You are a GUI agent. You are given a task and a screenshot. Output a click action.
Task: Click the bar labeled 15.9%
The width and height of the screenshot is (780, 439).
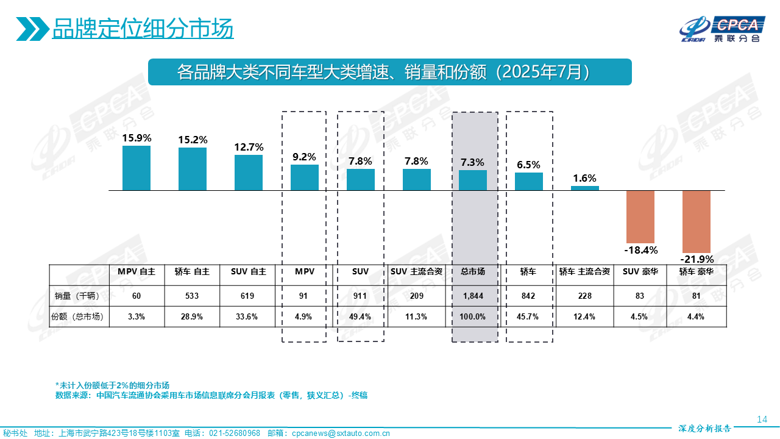pyautogui.click(x=136, y=168)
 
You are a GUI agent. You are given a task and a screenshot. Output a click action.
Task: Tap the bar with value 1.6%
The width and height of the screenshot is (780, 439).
pyautogui.click(x=585, y=188)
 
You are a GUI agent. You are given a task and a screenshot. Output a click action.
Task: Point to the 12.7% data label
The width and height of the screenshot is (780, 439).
pyautogui.click(x=249, y=147)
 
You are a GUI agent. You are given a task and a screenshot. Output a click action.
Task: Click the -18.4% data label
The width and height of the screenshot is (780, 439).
pyautogui.click(x=640, y=250)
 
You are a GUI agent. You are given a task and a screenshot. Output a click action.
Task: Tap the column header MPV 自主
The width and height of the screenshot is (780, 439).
pyautogui.click(x=136, y=272)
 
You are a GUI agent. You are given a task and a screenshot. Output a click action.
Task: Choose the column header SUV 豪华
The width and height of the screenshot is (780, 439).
pyautogui.click(x=640, y=272)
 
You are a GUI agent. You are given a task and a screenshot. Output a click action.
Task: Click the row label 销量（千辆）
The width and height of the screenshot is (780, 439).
pyautogui.click(x=79, y=296)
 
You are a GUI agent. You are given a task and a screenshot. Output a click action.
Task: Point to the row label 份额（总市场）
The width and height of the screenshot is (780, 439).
pyautogui.click(x=79, y=316)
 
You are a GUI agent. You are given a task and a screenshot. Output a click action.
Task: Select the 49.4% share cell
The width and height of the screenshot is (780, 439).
pyautogui.click(x=361, y=316)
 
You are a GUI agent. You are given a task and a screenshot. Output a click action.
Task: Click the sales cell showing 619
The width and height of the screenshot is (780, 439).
pyautogui.click(x=249, y=296)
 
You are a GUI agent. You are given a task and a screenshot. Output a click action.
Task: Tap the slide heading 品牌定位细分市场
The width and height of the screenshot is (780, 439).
pyautogui.click(x=143, y=29)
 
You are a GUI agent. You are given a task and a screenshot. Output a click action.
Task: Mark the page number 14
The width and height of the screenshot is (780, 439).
pyautogui.click(x=761, y=419)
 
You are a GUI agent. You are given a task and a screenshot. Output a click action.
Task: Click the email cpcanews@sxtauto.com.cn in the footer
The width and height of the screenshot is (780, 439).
pyautogui.click(x=341, y=434)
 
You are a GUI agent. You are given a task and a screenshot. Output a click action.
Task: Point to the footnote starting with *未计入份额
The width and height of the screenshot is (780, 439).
pyautogui.click(x=112, y=385)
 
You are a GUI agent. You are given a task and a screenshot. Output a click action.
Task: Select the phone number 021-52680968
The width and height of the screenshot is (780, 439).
pyautogui.click(x=235, y=434)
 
